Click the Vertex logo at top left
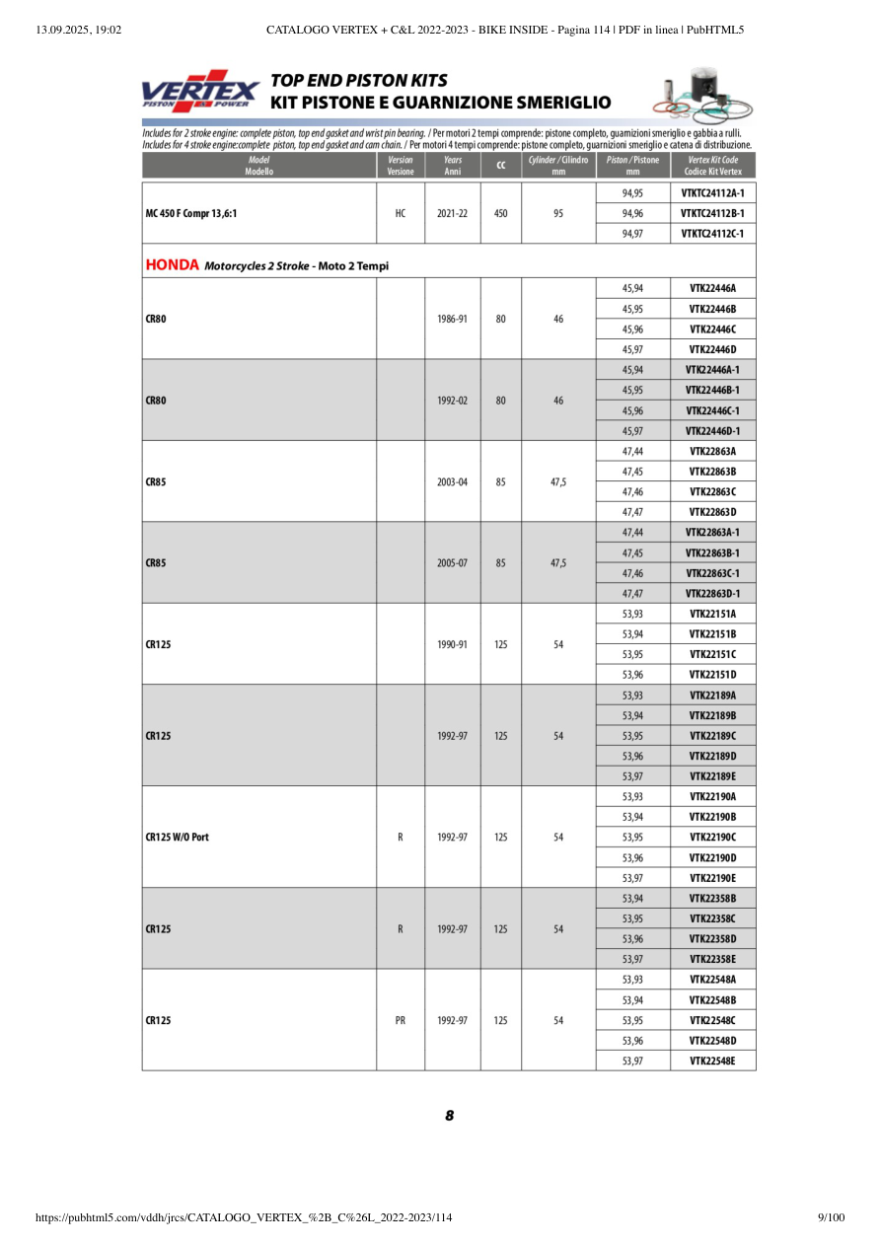(x=200, y=91)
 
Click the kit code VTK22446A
(x=712, y=288)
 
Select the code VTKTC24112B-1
(x=712, y=213)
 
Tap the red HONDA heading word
(x=173, y=264)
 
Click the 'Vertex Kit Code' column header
(x=712, y=165)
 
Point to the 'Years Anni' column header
(x=453, y=165)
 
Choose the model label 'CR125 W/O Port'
(x=177, y=838)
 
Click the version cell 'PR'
(x=400, y=1021)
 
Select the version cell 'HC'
(x=400, y=213)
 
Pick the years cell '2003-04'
(x=453, y=481)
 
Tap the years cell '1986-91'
(x=453, y=319)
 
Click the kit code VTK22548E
(x=712, y=1062)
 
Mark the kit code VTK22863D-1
(x=712, y=594)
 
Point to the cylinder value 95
(x=558, y=213)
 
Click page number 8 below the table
(x=449, y=1116)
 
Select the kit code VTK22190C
(x=712, y=838)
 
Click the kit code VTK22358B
(x=712, y=899)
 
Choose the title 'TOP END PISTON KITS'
(x=359, y=81)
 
